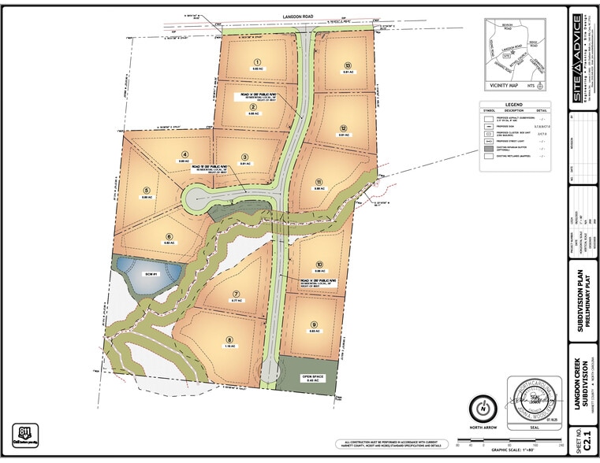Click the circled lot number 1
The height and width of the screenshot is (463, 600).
256,61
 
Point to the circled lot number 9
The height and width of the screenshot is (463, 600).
313,324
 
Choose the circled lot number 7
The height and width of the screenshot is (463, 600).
235,291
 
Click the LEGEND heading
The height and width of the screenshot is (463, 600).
513,103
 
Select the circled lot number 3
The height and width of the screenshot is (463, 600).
245,157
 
